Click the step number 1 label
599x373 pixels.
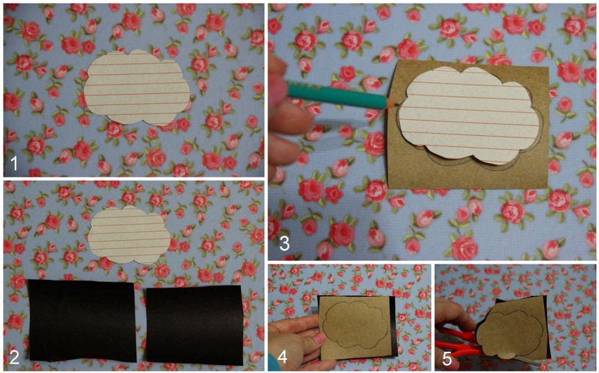pyautogui.click(x=14, y=164)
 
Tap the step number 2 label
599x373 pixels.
pyautogui.click(x=14, y=357)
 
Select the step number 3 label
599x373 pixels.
pyautogui.click(x=284, y=244)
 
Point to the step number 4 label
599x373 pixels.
pyautogui.click(x=283, y=356)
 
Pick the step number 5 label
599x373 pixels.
pyautogui.click(x=447, y=359)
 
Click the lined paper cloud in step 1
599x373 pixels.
pyautogui.click(x=137, y=87)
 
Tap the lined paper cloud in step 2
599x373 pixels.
pyautogui.click(x=129, y=235)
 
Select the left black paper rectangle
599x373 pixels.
pyautogui.click(x=81, y=321)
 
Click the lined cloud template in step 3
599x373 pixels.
pyautogui.click(x=471, y=115)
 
